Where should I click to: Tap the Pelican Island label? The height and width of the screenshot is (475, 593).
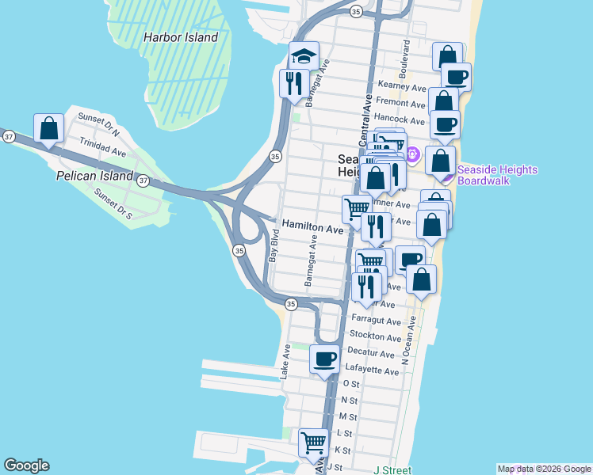click(x=94, y=176)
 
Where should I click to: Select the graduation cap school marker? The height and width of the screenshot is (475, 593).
click(x=304, y=57)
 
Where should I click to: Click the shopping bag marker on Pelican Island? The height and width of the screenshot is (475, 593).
click(x=48, y=129)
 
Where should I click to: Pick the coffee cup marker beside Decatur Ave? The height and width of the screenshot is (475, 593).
click(x=324, y=360)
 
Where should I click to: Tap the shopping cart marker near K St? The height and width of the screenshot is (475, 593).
click(x=314, y=443)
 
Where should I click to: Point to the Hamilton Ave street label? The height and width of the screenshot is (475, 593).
click(x=313, y=228)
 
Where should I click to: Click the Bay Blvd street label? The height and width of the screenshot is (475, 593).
click(x=274, y=246)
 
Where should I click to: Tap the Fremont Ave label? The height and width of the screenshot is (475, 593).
click(x=401, y=103)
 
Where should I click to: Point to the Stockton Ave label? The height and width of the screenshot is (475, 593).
click(x=373, y=337)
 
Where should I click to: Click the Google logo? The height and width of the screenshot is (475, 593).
click(x=26, y=466)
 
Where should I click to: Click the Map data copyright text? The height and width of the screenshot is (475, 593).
click(x=544, y=469)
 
